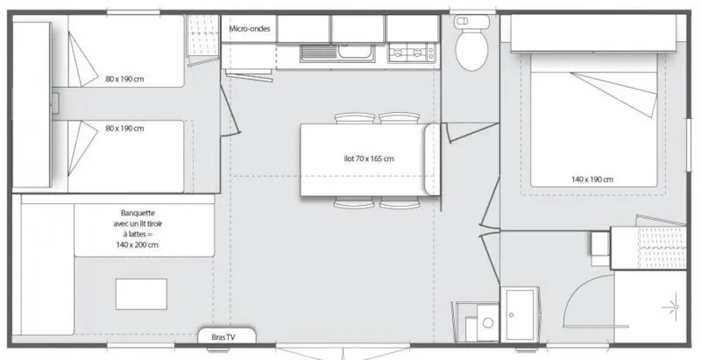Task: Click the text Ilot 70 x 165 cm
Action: click(368, 159)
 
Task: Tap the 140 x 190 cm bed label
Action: click(592, 179)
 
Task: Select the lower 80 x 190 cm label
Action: click(124, 129)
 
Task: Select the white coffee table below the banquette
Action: click(141, 291)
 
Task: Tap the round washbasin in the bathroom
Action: click(487, 322)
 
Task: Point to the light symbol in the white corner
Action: click(675, 307)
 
